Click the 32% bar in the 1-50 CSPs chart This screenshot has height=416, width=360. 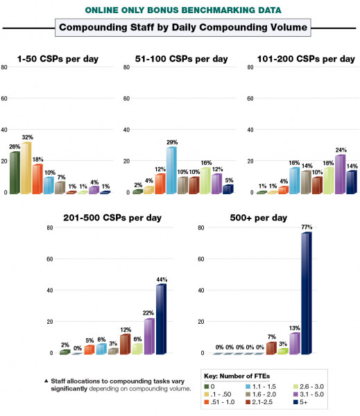point(26,168)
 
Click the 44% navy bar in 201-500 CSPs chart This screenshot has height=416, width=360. point(161,320)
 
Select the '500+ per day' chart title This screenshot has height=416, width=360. point(260,218)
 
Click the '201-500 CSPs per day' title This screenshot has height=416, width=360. point(113,218)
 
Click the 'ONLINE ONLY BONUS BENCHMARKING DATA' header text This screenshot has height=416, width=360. point(180,10)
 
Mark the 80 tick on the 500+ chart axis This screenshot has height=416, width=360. point(200,227)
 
